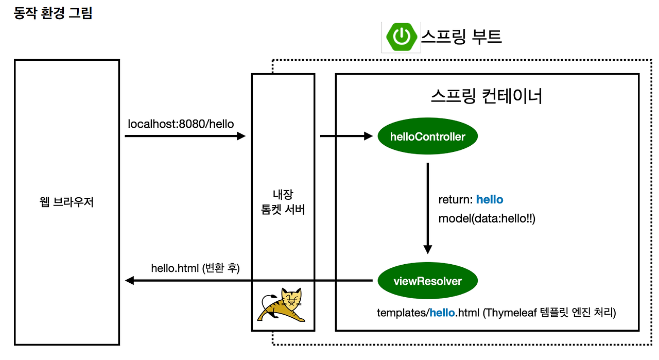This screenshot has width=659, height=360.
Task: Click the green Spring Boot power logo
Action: click(401, 37)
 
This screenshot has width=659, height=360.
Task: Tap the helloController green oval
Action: click(428, 136)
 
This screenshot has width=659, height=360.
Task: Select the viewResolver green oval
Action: click(427, 281)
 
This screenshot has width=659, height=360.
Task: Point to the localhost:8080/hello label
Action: click(181, 124)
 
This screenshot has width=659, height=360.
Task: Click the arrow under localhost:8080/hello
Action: click(185, 136)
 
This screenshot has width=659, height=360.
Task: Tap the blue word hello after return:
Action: click(490, 200)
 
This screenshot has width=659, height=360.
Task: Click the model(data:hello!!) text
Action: click(487, 218)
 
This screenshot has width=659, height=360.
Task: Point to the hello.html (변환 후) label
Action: click(195, 268)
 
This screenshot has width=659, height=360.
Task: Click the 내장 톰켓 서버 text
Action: click(283, 202)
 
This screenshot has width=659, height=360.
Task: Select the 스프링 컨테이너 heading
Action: click(486, 96)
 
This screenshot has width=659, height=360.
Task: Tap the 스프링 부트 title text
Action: click(461, 36)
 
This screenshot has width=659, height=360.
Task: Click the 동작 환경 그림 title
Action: click(53, 13)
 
